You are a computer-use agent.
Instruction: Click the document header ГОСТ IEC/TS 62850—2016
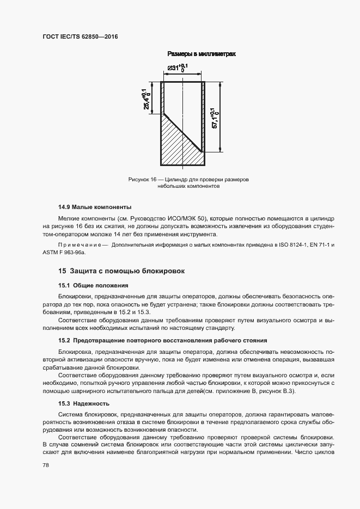pos(80,36)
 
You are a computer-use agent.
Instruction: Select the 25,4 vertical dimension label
pos(147,99)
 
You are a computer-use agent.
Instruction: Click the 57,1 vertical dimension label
pos(215,117)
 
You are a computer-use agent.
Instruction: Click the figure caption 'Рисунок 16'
pos(143,179)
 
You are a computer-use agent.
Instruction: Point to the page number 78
pos(45,465)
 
